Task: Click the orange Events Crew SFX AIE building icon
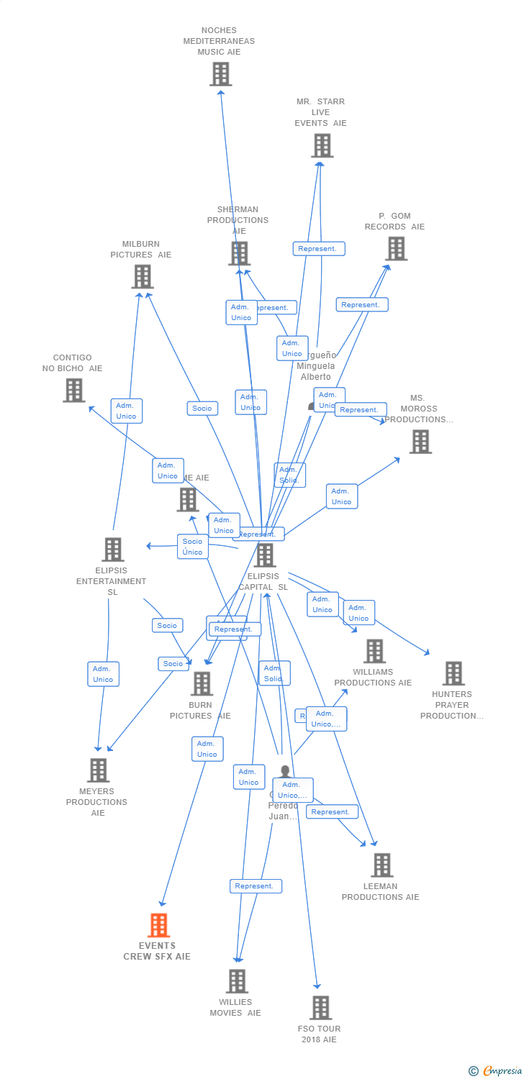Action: click(158, 925)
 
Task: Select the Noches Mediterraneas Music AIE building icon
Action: click(220, 74)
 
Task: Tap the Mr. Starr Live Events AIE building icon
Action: click(322, 145)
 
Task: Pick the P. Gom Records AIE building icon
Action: click(396, 249)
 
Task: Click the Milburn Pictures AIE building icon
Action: click(143, 276)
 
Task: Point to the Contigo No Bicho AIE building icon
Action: click(73, 390)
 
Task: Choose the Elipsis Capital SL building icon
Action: click(265, 555)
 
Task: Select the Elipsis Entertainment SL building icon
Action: click(113, 550)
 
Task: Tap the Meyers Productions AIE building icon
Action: click(98, 770)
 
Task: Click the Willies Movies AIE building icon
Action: click(237, 981)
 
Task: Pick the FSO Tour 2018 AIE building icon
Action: click(320, 1008)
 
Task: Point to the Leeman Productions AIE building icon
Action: click(381, 865)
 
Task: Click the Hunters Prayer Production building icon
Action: click(453, 673)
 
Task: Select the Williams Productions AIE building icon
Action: click(374, 651)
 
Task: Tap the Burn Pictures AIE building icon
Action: click(202, 683)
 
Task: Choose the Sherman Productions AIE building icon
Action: click(240, 253)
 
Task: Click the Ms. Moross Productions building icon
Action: click(420, 442)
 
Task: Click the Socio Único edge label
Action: click(193, 547)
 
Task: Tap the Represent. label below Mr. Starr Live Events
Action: click(319, 249)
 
